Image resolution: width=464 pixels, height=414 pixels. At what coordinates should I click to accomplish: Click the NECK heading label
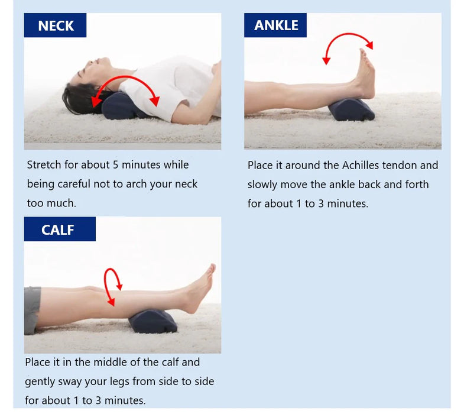(56, 25)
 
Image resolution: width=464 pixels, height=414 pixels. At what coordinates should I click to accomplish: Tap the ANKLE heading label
(276, 25)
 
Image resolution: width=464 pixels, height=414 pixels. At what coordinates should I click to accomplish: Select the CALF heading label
(58, 229)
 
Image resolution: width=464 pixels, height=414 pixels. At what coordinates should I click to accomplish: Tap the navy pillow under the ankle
(351, 110)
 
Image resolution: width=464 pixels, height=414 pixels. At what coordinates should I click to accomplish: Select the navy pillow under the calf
(153, 321)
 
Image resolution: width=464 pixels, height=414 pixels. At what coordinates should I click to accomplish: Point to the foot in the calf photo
(200, 290)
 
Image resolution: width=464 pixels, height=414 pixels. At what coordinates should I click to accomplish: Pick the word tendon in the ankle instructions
(404, 165)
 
